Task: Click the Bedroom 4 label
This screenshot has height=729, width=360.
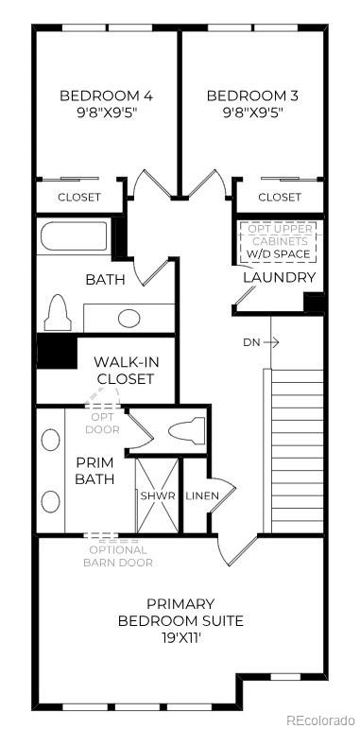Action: pyautogui.click(x=93, y=95)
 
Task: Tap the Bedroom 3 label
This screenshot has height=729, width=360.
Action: pyautogui.click(x=245, y=95)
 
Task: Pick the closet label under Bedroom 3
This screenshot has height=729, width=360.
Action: pyautogui.click(x=279, y=198)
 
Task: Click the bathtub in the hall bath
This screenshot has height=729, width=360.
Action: pyautogui.click(x=76, y=236)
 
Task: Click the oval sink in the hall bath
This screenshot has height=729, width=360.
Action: pyautogui.click(x=129, y=318)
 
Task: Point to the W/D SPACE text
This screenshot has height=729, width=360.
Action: pyautogui.click(x=278, y=254)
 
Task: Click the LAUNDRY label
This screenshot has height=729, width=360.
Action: pyautogui.click(x=279, y=277)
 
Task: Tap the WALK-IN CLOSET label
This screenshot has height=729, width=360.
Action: pyautogui.click(x=123, y=370)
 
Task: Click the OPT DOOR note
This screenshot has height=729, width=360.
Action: pyautogui.click(x=104, y=422)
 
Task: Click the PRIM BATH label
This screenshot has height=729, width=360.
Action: pyautogui.click(x=94, y=470)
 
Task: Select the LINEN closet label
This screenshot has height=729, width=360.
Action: pyautogui.click(x=203, y=496)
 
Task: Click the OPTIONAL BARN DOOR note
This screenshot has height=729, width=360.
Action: pyautogui.click(x=118, y=556)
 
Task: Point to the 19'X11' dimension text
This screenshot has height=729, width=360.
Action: pyautogui.click(x=180, y=638)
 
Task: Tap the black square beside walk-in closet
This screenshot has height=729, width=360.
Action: pyautogui.click(x=56, y=353)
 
